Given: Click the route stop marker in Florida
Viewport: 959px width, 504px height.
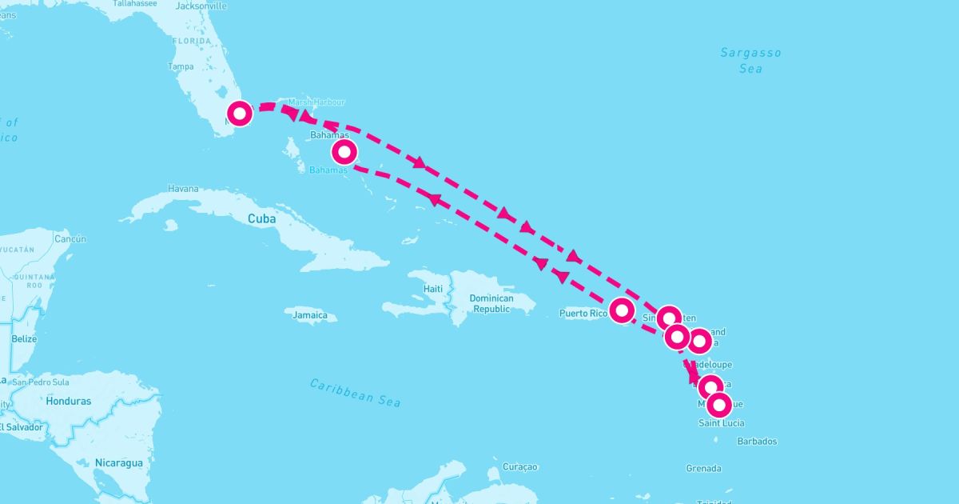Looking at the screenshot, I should click(240, 114).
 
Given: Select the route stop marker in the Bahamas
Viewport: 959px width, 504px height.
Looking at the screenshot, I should click(344, 150).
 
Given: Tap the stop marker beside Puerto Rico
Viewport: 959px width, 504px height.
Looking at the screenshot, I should click(622, 310).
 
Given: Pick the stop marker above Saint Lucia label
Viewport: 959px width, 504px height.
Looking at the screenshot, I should click(718, 405).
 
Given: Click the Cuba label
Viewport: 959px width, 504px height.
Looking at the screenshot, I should click(261, 218).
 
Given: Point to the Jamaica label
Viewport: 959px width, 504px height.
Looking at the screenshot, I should click(310, 315).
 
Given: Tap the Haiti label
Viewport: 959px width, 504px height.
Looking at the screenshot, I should click(432, 288).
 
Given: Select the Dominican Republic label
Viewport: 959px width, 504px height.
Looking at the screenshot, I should click(491, 303).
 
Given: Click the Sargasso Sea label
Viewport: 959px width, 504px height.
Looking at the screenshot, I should click(750, 61).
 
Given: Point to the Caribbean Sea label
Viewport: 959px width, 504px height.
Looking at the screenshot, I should click(355, 393).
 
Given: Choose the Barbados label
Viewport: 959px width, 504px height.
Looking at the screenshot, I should click(757, 441).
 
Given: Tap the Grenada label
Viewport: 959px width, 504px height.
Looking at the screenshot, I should click(703, 468).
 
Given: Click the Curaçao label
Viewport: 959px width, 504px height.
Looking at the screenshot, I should click(520, 466).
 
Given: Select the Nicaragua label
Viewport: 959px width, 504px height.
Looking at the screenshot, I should click(118, 462).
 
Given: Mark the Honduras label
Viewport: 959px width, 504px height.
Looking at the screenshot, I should click(69, 401).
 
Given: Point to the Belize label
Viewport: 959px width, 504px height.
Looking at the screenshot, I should click(25, 338).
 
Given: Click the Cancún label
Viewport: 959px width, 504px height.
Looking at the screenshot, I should click(70, 238).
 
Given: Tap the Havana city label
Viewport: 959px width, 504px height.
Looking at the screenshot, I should click(183, 189).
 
